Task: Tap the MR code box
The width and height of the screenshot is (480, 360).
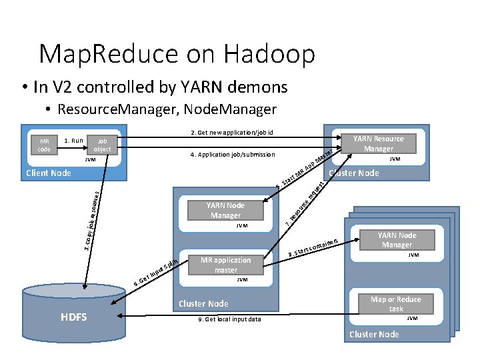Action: pos(45,145)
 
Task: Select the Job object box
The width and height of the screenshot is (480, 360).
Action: pos(102,145)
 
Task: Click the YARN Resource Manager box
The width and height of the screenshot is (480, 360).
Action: pos(378,143)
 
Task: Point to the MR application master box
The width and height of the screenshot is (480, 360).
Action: pos(226,265)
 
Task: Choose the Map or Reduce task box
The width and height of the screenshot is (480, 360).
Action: pos(396,304)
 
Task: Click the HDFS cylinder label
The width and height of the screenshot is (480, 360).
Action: pos(73,317)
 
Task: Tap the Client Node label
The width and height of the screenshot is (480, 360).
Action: pos(48,173)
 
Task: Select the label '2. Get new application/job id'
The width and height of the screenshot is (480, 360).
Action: pos(232,133)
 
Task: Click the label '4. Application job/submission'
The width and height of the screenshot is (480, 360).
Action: pos(232,155)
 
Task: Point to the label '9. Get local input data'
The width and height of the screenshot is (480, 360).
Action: pos(230,319)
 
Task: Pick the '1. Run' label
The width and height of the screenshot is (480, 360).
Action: pos(73,141)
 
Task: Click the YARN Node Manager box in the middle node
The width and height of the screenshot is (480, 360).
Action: pos(225,210)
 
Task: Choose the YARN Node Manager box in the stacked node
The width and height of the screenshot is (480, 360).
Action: pos(397,240)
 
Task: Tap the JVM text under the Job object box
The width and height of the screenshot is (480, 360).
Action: pos(90,160)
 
